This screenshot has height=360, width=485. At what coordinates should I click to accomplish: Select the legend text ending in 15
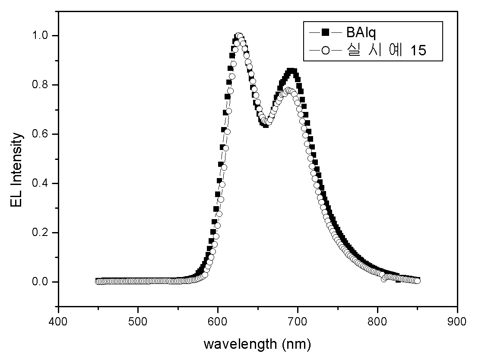387,50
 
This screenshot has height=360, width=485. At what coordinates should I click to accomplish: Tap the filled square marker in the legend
325,32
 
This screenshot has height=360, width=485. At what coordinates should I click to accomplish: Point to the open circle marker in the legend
325,50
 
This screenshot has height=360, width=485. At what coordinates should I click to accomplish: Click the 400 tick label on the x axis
58,321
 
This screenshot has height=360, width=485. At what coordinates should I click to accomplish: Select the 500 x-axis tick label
138,321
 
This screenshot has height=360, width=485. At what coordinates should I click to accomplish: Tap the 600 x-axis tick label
218,321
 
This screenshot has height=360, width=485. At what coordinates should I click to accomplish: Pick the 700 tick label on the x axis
298,321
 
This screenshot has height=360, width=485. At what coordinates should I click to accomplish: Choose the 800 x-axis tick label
377,321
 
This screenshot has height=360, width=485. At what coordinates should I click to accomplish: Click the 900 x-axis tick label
457,321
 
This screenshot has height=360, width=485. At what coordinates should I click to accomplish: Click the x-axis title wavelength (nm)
257,344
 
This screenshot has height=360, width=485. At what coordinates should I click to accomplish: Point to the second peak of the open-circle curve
288,90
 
